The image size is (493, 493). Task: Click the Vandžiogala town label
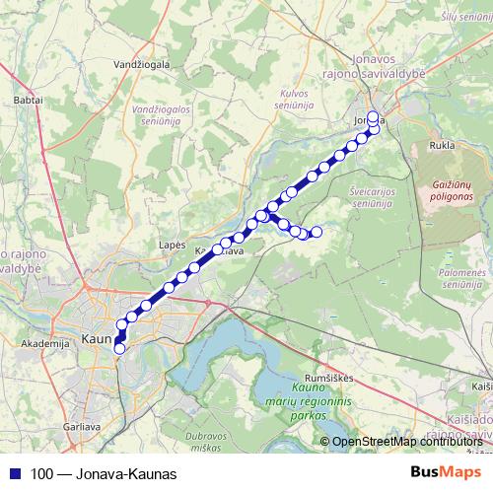(143, 64)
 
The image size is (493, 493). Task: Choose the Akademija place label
(42, 344)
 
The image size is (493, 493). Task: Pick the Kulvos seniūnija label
(288, 99)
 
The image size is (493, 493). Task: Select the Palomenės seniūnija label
(466, 277)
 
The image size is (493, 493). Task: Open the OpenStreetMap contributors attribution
(408, 442)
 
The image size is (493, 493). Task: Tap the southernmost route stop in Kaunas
(120, 347)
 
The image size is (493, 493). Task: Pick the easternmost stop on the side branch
(317, 232)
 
